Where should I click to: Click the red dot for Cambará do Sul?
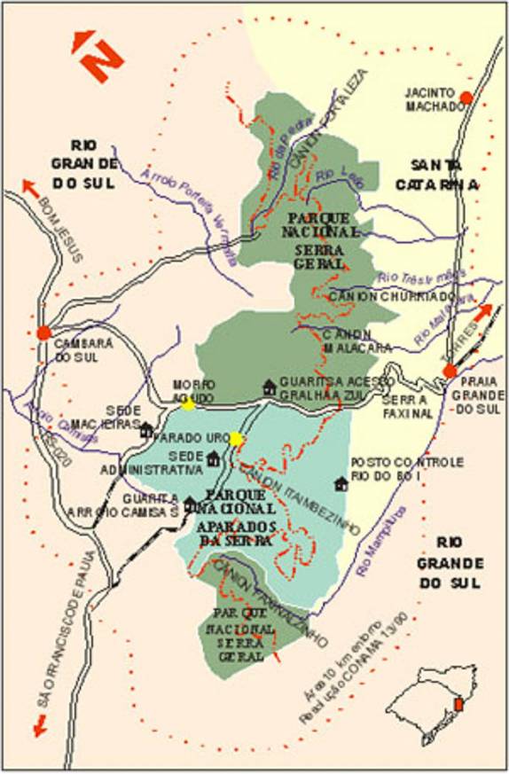(x=43, y=332)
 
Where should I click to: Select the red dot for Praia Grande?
(x=450, y=370)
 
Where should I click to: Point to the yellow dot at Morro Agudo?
(x=188, y=403)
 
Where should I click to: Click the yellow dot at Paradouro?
(x=236, y=438)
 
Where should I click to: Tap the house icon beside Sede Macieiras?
(x=146, y=430)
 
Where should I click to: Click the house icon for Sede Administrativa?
(x=213, y=458)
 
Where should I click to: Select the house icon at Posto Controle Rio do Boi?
(x=341, y=483)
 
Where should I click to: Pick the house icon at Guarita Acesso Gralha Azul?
(x=270, y=387)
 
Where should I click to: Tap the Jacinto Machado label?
(x=435, y=99)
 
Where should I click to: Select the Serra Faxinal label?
(x=408, y=406)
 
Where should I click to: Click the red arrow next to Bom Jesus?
(x=29, y=187)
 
